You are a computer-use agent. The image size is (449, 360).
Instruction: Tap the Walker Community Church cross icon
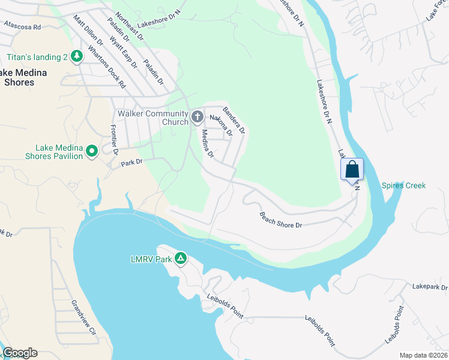click(197, 116)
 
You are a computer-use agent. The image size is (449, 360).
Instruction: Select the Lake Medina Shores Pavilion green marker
click(92, 151)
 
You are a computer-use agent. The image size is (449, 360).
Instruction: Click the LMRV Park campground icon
click(181, 259)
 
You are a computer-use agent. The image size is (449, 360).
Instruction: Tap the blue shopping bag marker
click(352, 169)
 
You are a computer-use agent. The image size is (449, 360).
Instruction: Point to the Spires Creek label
click(403, 185)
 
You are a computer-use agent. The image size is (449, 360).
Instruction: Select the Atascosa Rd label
click(22, 26)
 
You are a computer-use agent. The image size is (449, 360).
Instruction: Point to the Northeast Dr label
click(130, 26)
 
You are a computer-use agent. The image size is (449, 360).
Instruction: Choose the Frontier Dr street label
click(113, 139)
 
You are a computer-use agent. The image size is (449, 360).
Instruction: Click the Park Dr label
click(130, 162)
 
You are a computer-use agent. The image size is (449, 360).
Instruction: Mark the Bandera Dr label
click(234, 120)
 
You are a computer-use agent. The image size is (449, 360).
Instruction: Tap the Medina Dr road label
click(208, 143)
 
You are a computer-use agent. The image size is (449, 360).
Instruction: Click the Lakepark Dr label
click(430, 287)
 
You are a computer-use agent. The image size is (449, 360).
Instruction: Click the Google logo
click(20, 353)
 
